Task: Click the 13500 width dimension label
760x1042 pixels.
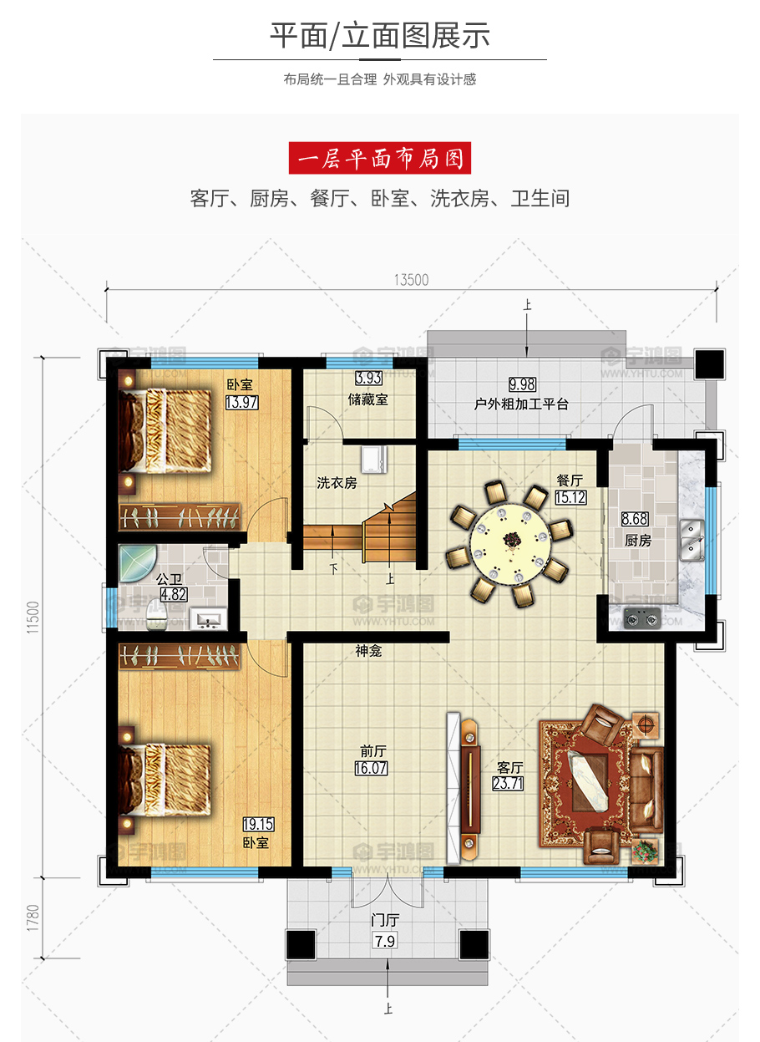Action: (411, 280)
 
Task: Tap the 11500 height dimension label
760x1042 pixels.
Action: (33, 618)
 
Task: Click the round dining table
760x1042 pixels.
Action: (511, 544)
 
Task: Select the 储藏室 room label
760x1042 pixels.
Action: (367, 399)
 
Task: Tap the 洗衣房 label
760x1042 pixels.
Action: (337, 483)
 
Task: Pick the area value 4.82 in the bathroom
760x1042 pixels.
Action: (174, 594)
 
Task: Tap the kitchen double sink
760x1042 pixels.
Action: (692, 541)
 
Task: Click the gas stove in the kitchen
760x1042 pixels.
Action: (642, 618)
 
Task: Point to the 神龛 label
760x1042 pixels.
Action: (368, 651)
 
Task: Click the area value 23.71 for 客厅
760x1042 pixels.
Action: (508, 783)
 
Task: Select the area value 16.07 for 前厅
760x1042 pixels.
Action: (371, 768)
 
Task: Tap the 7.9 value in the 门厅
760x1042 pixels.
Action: (385, 941)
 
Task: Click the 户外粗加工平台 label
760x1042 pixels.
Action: (521, 404)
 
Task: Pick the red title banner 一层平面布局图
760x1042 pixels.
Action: (380, 158)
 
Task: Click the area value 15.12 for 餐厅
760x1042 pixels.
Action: (570, 497)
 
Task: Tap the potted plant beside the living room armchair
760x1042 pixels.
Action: (646, 851)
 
